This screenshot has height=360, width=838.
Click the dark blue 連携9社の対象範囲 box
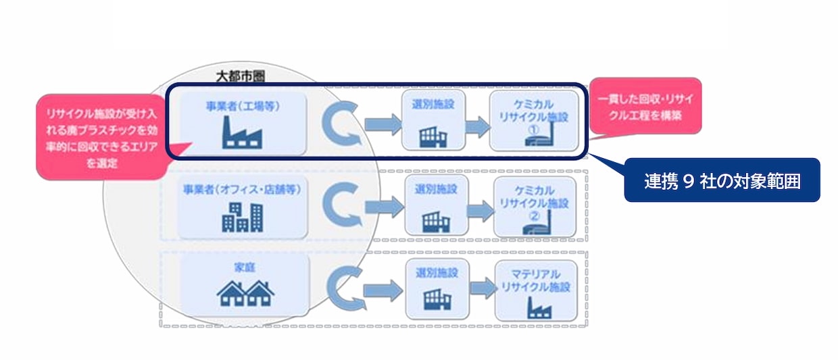click(721, 181)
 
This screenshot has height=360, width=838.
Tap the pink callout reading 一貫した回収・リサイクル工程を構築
click(645, 107)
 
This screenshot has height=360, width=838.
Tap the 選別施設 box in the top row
click(435, 122)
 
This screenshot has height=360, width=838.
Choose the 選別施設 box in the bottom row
click(436, 290)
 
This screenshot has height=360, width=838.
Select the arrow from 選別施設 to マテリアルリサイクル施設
click(481, 290)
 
